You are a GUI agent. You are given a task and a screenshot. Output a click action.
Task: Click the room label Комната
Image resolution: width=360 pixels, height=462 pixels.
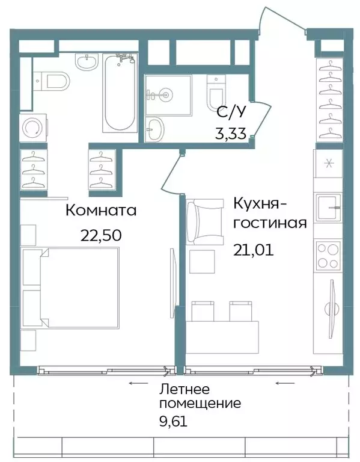101,211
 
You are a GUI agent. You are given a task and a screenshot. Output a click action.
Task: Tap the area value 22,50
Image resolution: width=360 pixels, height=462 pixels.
101,234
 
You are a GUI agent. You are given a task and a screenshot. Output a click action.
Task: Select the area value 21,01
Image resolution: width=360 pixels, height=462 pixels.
253,249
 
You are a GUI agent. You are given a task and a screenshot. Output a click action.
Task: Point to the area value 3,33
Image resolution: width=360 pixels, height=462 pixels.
231,133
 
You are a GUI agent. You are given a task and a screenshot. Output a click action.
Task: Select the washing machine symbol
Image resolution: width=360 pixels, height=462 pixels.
31,127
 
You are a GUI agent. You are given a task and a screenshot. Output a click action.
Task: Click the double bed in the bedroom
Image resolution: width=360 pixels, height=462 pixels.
71,288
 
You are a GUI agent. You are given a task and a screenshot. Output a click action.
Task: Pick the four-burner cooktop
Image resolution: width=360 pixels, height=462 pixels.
328,255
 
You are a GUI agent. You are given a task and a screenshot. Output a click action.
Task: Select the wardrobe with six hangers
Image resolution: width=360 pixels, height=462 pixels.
328,99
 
